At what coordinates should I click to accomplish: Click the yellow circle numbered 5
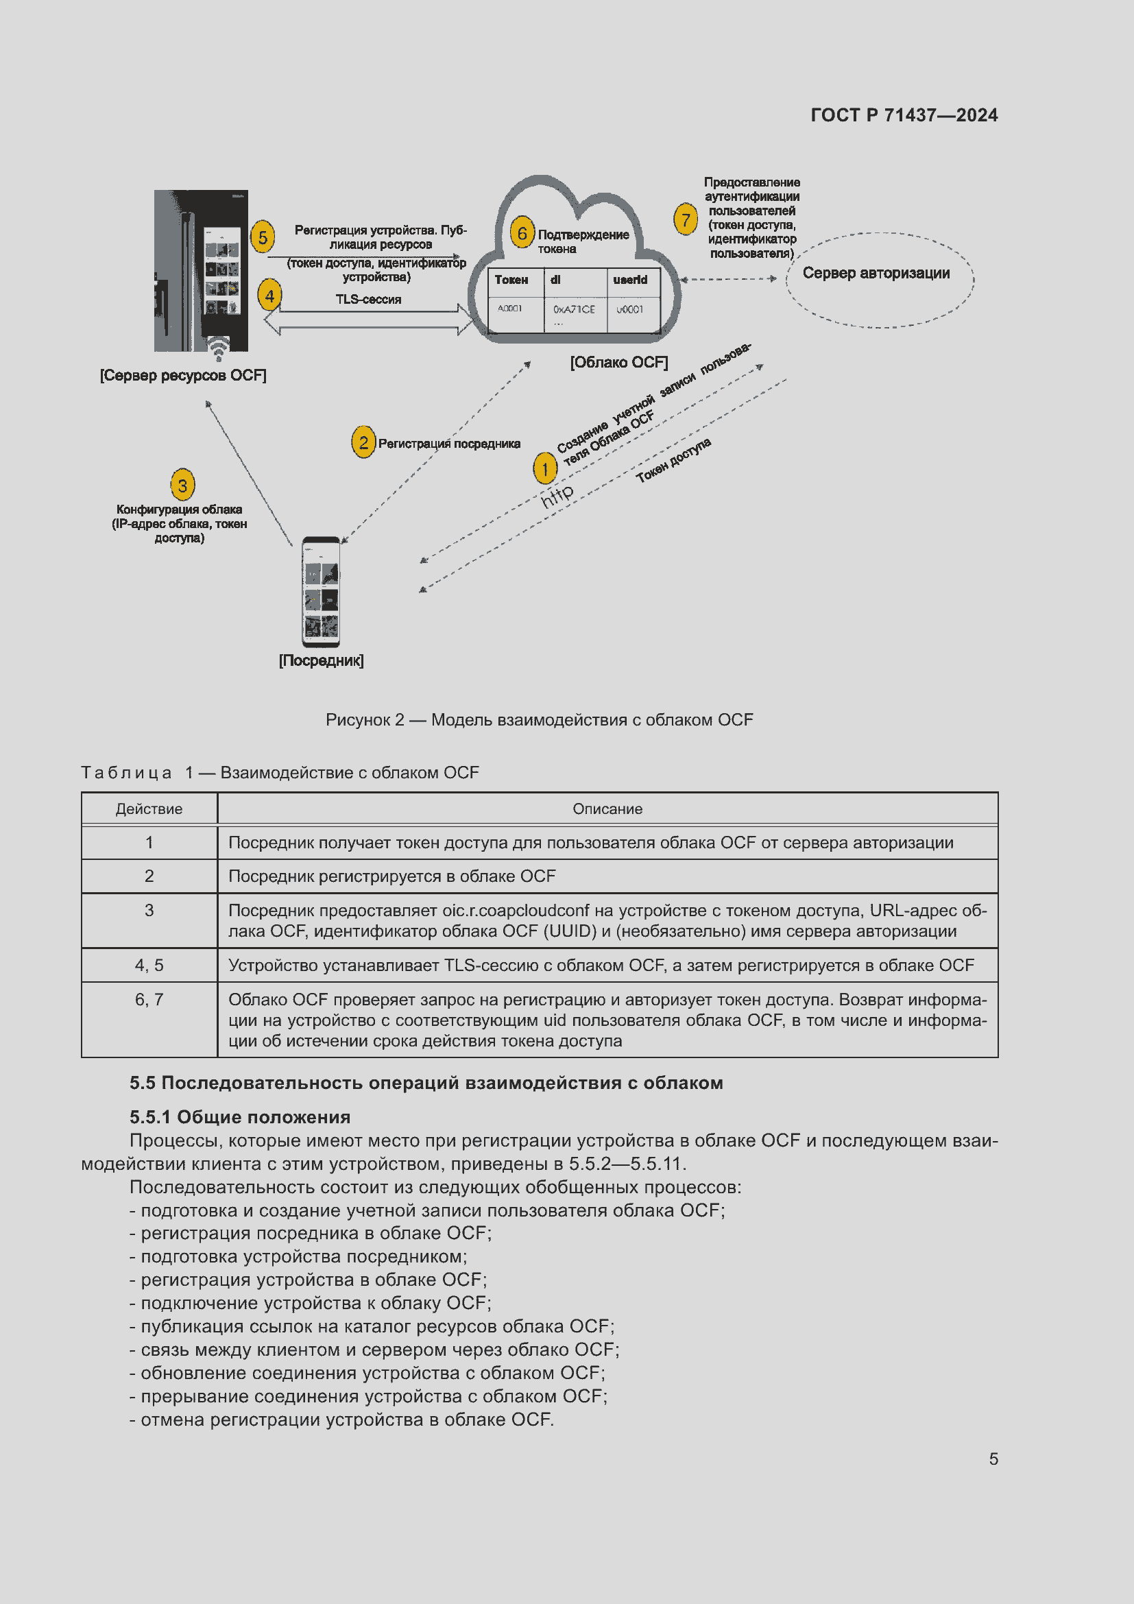pos(263,237)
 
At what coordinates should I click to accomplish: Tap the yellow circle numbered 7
pos(686,219)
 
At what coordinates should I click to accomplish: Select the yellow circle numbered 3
pos(182,485)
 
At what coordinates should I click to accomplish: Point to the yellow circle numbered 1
pos(544,469)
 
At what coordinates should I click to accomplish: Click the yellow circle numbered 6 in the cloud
pos(522,232)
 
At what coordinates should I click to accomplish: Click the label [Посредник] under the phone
pos(321,660)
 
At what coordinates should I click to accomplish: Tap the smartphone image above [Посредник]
pos(321,592)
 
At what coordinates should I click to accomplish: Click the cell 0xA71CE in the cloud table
pos(574,309)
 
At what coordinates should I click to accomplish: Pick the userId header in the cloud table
pos(630,279)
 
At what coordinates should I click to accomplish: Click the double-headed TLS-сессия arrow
pos(369,320)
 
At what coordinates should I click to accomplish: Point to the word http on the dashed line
pos(557,495)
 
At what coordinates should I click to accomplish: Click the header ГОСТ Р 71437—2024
pos(904,115)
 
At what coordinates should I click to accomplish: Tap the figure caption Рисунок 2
pos(539,719)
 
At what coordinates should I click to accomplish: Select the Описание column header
pos(607,809)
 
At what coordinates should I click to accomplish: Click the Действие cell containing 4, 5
pos(149,965)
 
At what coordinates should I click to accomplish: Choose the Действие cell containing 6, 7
pos(149,1000)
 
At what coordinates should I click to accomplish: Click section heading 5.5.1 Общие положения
pos(239,1116)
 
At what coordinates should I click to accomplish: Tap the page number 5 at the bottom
pos(993,1459)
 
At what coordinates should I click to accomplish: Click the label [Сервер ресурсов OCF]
pos(183,375)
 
